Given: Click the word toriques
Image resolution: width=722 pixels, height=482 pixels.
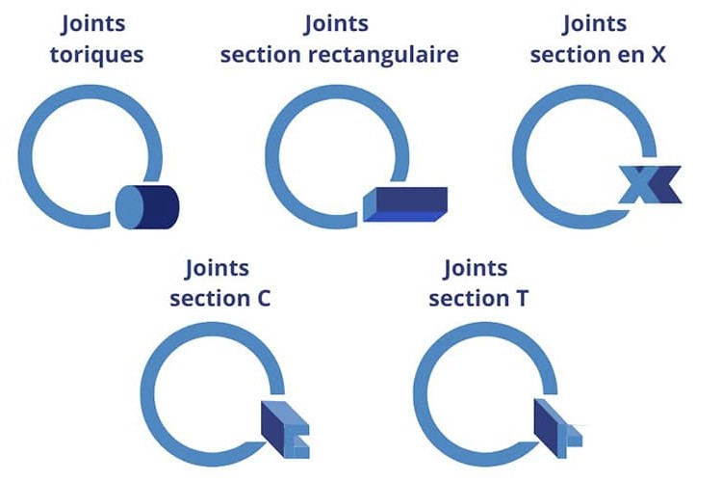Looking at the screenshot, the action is [x=96, y=55].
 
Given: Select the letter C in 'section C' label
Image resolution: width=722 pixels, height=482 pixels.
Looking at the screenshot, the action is [x=264, y=298].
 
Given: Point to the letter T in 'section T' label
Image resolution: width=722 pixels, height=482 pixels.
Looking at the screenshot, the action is [x=522, y=298].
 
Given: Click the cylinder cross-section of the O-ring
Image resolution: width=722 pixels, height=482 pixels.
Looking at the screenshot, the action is [x=147, y=207].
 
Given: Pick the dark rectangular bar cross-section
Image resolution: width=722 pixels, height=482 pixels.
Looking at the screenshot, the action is [x=405, y=203].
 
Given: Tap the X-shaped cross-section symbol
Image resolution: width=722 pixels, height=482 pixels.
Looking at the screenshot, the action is [x=650, y=184].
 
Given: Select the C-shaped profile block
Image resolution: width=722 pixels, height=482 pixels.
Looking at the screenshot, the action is [x=286, y=429].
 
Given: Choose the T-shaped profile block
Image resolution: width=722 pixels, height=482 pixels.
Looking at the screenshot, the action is [x=557, y=428].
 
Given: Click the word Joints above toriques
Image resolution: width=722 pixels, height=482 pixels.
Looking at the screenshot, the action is [x=93, y=24].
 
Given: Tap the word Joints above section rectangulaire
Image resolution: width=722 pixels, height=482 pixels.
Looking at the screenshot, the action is [x=336, y=24].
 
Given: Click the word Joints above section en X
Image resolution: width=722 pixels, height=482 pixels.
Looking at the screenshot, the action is [x=595, y=24].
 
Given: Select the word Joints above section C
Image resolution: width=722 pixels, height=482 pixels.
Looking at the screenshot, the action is [x=217, y=268].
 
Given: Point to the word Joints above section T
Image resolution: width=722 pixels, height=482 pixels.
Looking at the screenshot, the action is [x=476, y=268].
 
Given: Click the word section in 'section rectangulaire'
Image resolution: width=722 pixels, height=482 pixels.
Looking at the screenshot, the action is [x=261, y=55].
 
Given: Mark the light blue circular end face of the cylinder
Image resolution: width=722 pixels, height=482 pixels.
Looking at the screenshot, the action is [x=129, y=207].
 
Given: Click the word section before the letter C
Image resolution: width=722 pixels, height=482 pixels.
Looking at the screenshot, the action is [x=210, y=299].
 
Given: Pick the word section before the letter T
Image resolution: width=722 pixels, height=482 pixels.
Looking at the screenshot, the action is [x=469, y=299].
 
